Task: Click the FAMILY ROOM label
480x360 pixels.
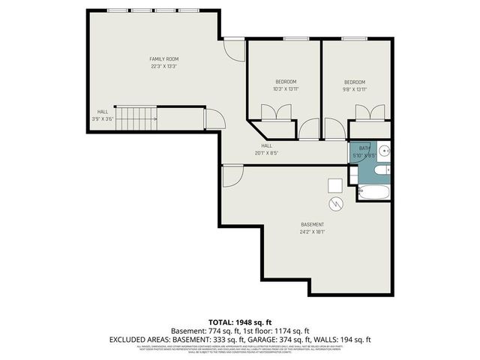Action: tap(163, 58)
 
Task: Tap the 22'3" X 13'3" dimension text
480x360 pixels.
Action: tap(163, 66)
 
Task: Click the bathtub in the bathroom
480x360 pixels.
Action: tap(373, 192)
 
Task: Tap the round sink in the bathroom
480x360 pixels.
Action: tap(384, 150)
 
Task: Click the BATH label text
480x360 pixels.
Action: tap(365, 148)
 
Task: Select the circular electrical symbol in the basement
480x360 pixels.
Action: tap(334, 203)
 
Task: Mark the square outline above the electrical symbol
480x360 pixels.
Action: tap(335, 185)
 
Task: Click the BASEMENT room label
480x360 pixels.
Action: tap(313, 224)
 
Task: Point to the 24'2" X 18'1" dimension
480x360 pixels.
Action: tap(313, 232)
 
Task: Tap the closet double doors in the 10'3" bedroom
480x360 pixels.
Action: tap(271, 111)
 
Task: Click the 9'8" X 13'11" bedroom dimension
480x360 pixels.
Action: tap(355, 89)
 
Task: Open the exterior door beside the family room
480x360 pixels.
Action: tap(236, 49)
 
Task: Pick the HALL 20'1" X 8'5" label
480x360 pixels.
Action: tap(266, 149)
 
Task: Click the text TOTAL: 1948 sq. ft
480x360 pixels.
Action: tap(239, 322)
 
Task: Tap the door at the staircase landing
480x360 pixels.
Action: tap(214, 118)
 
